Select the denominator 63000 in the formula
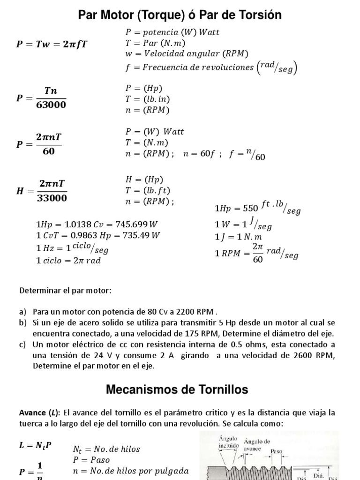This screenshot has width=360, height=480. click(x=51, y=104)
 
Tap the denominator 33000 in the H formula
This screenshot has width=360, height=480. click(x=52, y=198)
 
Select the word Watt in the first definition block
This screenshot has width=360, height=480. click(x=209, y=33)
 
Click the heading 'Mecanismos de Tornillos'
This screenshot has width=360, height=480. click(x=177, y=390)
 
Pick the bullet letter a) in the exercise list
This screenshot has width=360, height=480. click(x=23, y=312)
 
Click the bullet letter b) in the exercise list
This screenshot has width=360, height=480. click(x=23, y=323)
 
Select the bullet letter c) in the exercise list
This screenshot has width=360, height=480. click(x=23, y=345)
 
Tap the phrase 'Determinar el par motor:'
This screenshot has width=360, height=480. click(x=66, y=291)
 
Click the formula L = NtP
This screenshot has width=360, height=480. click(x=35, y=446)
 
